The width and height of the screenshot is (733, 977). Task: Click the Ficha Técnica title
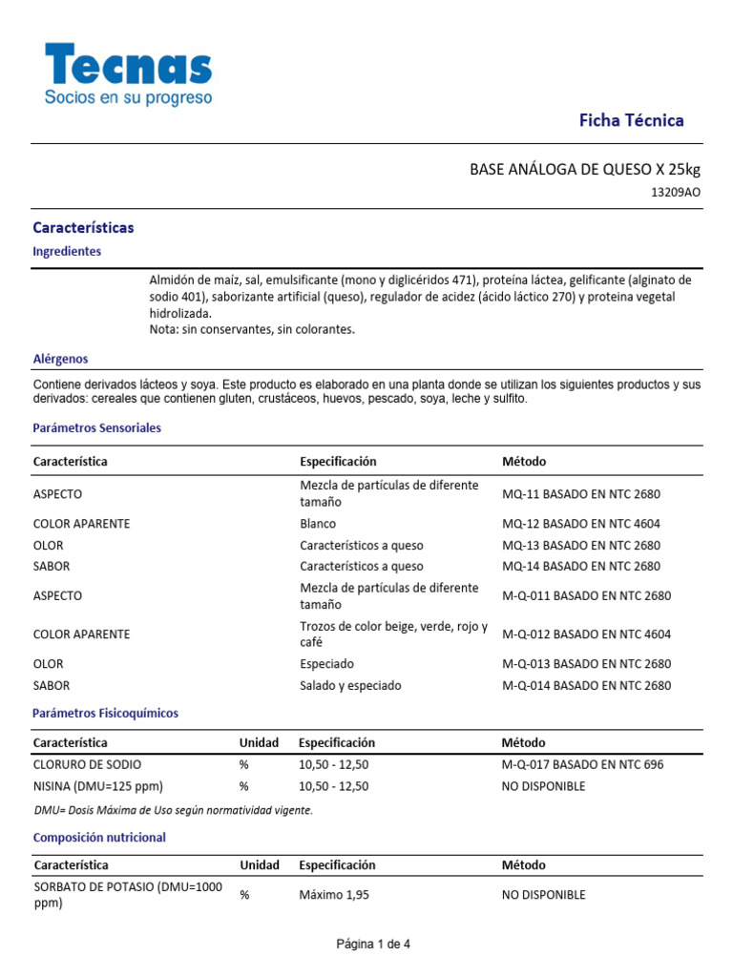pos(632,120)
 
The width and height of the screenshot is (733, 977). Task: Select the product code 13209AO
pos(675,192)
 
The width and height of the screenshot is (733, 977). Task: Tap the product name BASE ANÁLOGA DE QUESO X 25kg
pos(584,169)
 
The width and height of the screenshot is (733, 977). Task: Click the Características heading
pos(83,228)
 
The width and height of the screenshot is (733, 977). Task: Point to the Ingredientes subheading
pos(67,251)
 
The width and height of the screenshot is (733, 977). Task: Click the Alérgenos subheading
pos(60,359)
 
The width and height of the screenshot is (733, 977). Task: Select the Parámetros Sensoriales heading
pos(96,428)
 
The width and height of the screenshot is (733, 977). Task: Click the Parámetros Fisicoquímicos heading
pos(105,713)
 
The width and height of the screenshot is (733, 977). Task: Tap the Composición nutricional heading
pos(99,837)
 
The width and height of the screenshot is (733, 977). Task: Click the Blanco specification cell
pos(318,524)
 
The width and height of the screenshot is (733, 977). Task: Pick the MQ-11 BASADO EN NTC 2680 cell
pos(581,494)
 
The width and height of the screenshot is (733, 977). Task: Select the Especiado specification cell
pos(326,664)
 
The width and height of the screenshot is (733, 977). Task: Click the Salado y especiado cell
pos(350,685)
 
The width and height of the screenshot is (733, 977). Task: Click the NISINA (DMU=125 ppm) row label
pos(97,786)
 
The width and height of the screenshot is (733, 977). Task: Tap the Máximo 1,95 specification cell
pos(333,895)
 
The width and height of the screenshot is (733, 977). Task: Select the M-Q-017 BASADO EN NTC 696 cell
pos(582,764)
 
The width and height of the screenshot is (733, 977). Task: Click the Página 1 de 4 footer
pos(373,945)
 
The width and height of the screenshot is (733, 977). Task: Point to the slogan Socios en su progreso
pos(129,97)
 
